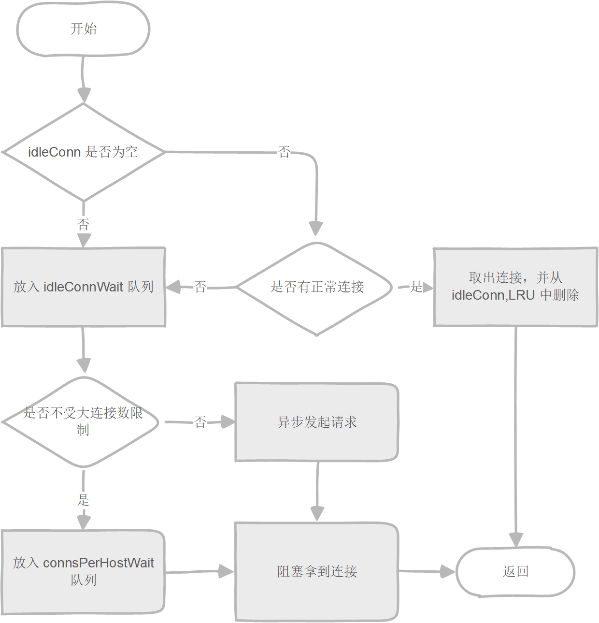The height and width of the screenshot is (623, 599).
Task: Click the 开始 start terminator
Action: [x=83, y=29]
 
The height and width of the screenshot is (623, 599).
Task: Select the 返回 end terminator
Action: [x=515, y=572]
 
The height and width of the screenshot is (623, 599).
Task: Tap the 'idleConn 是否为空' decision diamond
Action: [x=83, y=152]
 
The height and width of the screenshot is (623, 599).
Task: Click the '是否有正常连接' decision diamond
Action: [x=316, y=287]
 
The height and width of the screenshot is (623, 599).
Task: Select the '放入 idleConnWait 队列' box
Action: [x=83, y=287]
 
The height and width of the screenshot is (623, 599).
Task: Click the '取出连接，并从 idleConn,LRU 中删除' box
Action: [x=515, y=287]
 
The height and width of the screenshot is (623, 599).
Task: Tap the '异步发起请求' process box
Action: [x=316, y=422]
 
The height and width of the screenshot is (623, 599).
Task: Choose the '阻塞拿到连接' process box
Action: [x=316, y=572]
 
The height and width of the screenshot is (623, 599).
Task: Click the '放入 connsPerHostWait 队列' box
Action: [x=83, y=572]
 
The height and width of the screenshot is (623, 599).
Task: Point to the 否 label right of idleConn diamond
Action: [x=285, y=153]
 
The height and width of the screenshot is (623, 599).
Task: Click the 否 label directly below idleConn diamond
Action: [x=83, y=224]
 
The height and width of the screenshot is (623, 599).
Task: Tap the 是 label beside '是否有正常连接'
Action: [x=416, y=287]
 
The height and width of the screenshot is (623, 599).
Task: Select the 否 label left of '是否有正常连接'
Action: [x=200, y=287]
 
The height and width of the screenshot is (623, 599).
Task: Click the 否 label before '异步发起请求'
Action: [x=200, y=422]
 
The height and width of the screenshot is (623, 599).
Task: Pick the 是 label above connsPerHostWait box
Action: [x=83, y=500]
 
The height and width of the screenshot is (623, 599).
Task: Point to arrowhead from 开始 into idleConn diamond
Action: [x=84, y=95]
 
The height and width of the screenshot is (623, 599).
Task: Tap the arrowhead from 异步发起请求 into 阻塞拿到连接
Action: [x=317, y=513]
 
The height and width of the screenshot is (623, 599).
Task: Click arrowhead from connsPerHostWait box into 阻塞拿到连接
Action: [x=226, y=571]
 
